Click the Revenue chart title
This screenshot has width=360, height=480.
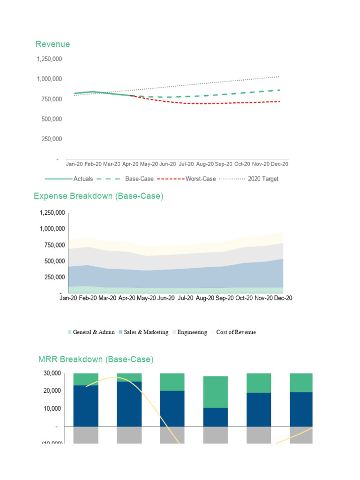tap(52, 44)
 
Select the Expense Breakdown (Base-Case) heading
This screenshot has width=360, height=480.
tap(98, 196)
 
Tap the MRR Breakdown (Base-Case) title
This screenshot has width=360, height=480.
tap(96, 360)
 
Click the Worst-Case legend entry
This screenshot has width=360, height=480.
tap(201, 179)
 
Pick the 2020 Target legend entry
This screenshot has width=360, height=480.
tap(263, 179)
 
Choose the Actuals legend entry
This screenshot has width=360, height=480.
tap(83, 179)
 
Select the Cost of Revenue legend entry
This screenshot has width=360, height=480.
tap(236, 332)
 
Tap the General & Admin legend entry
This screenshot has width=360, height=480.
tap(94, 332)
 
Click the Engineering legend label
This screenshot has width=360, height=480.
tap(192, 332)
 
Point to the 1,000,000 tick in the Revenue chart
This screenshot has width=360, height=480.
tap(49, 79)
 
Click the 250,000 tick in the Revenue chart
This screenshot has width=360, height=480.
tap(51, 139)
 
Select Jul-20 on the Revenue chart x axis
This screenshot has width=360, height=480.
tap(187, 164)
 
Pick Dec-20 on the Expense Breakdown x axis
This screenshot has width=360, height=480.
tap(282, 298)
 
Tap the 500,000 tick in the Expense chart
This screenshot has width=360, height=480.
tap(51, 261)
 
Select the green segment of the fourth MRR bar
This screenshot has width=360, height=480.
tap(215, 392)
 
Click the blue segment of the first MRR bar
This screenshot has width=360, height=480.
tap(86, 405)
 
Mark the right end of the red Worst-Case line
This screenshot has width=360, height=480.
tap(280, 102)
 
